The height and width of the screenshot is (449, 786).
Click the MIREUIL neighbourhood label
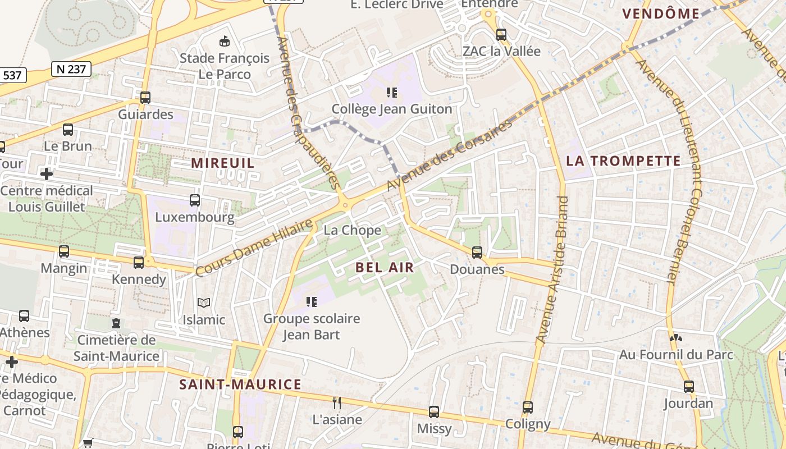223,163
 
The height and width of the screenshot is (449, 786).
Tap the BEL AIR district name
385,268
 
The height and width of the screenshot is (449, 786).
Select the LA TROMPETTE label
623,161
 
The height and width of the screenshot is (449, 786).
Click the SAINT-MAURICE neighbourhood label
240,384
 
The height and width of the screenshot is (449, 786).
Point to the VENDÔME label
661,14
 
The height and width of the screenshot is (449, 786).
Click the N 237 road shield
71,69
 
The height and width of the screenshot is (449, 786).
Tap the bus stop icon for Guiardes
145,98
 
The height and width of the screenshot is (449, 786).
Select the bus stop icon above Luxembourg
195,200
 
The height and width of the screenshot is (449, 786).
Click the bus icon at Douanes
477,253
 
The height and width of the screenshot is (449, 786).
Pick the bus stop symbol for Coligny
528,407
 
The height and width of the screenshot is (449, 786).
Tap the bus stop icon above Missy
434,412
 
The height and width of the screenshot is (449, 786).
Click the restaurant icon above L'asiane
337,402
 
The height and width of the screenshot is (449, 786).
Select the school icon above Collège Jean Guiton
392,92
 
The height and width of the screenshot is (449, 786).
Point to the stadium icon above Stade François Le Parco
225,41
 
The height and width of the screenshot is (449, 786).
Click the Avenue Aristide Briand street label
552,269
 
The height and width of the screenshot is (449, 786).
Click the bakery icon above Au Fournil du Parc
676,338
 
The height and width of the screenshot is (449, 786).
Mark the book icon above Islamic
204,303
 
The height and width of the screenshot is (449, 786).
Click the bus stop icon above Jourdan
688,386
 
